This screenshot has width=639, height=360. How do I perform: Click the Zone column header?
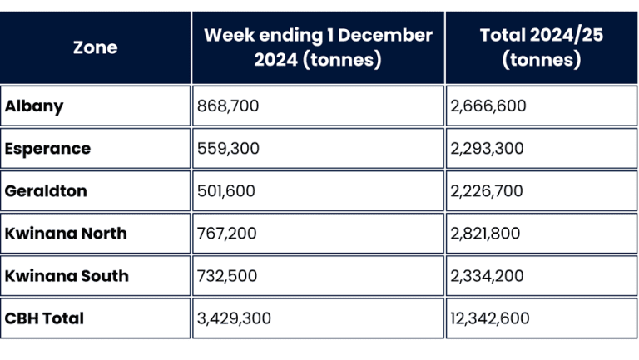[95, 47]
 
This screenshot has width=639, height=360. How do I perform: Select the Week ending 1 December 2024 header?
[318, 47]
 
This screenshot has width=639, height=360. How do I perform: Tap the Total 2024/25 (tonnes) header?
[541, 47]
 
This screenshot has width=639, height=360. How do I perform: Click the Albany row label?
[34, 106]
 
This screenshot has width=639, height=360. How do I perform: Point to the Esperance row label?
[47, 149]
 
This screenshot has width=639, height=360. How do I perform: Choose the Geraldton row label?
[46, 191]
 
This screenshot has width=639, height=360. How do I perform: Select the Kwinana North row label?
[66, 234]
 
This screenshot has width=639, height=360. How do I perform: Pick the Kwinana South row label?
[67, 276]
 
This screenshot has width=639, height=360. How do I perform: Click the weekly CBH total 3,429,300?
[234, 318]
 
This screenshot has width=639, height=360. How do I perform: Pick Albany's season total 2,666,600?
[488, 106]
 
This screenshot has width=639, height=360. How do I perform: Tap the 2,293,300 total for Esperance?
[487, 149]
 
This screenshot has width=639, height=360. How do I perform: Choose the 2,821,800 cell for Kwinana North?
[486, 234]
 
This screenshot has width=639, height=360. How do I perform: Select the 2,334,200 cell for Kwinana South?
[487, 276]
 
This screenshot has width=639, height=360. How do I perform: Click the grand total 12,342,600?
[490, 318]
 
